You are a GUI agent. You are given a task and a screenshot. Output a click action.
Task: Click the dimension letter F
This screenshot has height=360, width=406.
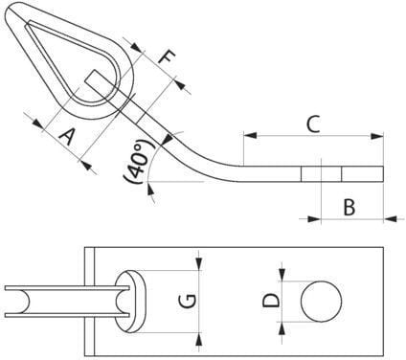(x=168, y=57)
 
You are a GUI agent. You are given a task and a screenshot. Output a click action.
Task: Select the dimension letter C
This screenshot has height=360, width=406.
(x=313, y=124)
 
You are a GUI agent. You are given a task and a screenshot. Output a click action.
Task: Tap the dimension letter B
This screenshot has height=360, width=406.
(x=350, y=207)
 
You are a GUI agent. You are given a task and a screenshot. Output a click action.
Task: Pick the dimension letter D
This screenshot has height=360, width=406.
(x=271, y=301)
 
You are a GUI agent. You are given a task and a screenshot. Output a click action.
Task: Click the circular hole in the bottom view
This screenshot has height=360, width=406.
(x=321, y=302)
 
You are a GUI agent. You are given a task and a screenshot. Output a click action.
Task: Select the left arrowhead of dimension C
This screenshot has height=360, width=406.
(x=250, y=135)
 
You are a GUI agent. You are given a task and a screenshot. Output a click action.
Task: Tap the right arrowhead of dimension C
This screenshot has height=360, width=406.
(x=376, y=136)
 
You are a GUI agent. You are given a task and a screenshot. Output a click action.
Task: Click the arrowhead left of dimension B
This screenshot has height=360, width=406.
(x=313, y=219)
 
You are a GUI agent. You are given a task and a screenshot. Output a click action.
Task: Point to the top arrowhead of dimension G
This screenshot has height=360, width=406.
(x=199, y=264)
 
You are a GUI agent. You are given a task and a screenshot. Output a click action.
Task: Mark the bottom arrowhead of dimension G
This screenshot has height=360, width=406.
(x=199, y=339)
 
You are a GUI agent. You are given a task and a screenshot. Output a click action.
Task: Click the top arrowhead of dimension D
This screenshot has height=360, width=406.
(x=282, y=275)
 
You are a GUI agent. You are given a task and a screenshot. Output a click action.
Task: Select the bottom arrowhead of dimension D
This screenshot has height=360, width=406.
(x=282, y=328)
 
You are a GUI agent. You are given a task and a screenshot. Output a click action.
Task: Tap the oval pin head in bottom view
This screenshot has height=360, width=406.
(x=131, y=302)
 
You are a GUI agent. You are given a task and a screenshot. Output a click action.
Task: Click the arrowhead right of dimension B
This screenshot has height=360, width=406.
(x=390, y=219)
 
